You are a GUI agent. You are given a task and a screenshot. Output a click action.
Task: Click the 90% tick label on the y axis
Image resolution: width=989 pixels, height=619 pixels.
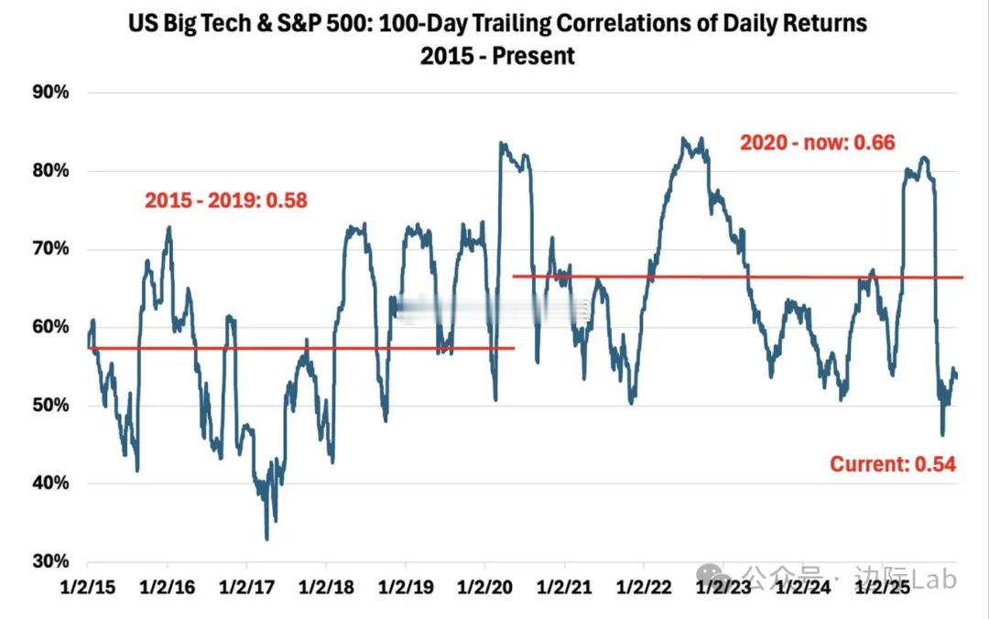[x=51, y=92]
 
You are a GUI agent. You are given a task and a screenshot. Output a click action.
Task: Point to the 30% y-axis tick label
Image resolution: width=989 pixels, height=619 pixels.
[x=51, y=561]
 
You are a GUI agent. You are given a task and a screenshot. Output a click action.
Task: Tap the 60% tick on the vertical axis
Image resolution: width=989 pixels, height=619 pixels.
[x=51, y=327]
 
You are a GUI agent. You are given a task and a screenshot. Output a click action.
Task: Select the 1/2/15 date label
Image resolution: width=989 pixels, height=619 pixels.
[x=88, y=585]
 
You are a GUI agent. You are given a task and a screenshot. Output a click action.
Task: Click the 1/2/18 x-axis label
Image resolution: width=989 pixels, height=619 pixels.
[x=325, y=585]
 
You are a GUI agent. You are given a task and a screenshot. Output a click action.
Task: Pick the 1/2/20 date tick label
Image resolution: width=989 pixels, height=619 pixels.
[x=484, y=585]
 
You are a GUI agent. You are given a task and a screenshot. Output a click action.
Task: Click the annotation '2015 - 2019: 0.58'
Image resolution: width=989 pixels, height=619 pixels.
[x=225, y=200]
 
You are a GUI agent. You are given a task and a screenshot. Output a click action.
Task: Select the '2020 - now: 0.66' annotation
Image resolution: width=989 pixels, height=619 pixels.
[x=817, y=143]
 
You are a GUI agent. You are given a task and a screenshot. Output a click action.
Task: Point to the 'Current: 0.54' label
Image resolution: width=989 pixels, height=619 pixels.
[x=893, y=464]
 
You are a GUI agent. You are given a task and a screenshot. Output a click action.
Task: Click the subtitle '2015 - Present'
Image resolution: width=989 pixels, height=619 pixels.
[x=497, y=55]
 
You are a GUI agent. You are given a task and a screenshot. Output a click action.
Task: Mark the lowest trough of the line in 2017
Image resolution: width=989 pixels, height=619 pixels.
[x=266, y=538]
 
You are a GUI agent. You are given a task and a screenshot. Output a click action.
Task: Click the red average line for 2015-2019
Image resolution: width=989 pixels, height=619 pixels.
[x=302, y=348]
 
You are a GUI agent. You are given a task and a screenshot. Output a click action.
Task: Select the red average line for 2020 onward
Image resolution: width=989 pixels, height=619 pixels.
[x=733, y=277]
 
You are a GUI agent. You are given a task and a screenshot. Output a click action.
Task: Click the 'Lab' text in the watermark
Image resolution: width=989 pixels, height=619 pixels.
[x=934, y=579]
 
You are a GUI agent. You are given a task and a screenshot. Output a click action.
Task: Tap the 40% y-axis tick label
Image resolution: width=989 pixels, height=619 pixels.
[x=51, y=483]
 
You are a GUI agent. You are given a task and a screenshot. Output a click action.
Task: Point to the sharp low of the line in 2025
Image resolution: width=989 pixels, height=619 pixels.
[x=942, y=434]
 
